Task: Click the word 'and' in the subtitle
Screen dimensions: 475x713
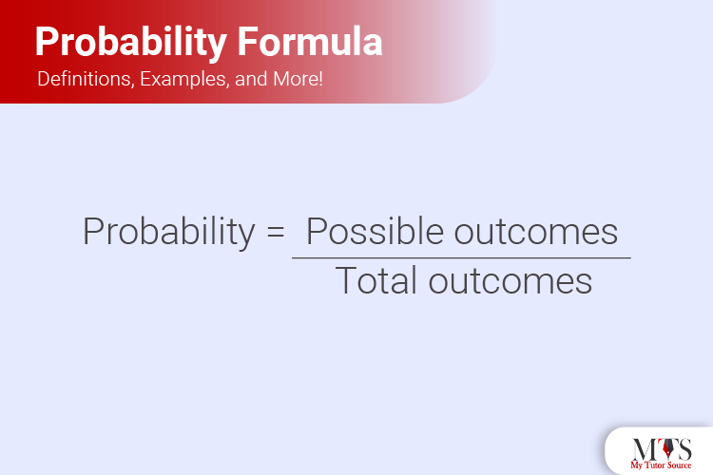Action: point(248,80)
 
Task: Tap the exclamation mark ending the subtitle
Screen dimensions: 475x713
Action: point(319,80)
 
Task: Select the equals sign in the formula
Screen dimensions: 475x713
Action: point(276,234)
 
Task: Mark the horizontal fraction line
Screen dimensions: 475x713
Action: point(461,257)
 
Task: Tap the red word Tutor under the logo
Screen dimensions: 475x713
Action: point(658,465)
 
